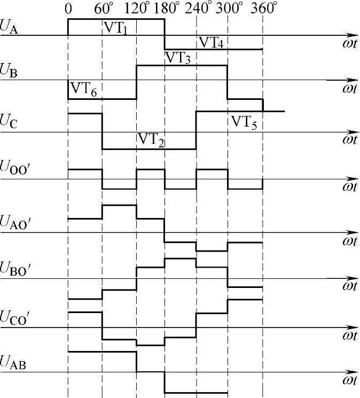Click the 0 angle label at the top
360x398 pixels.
(x=68, y=9)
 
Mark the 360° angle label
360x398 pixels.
(x=265, y=9)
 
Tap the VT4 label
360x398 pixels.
(x=211, y=43)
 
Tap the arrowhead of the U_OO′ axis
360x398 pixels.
(x=354, y=179)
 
